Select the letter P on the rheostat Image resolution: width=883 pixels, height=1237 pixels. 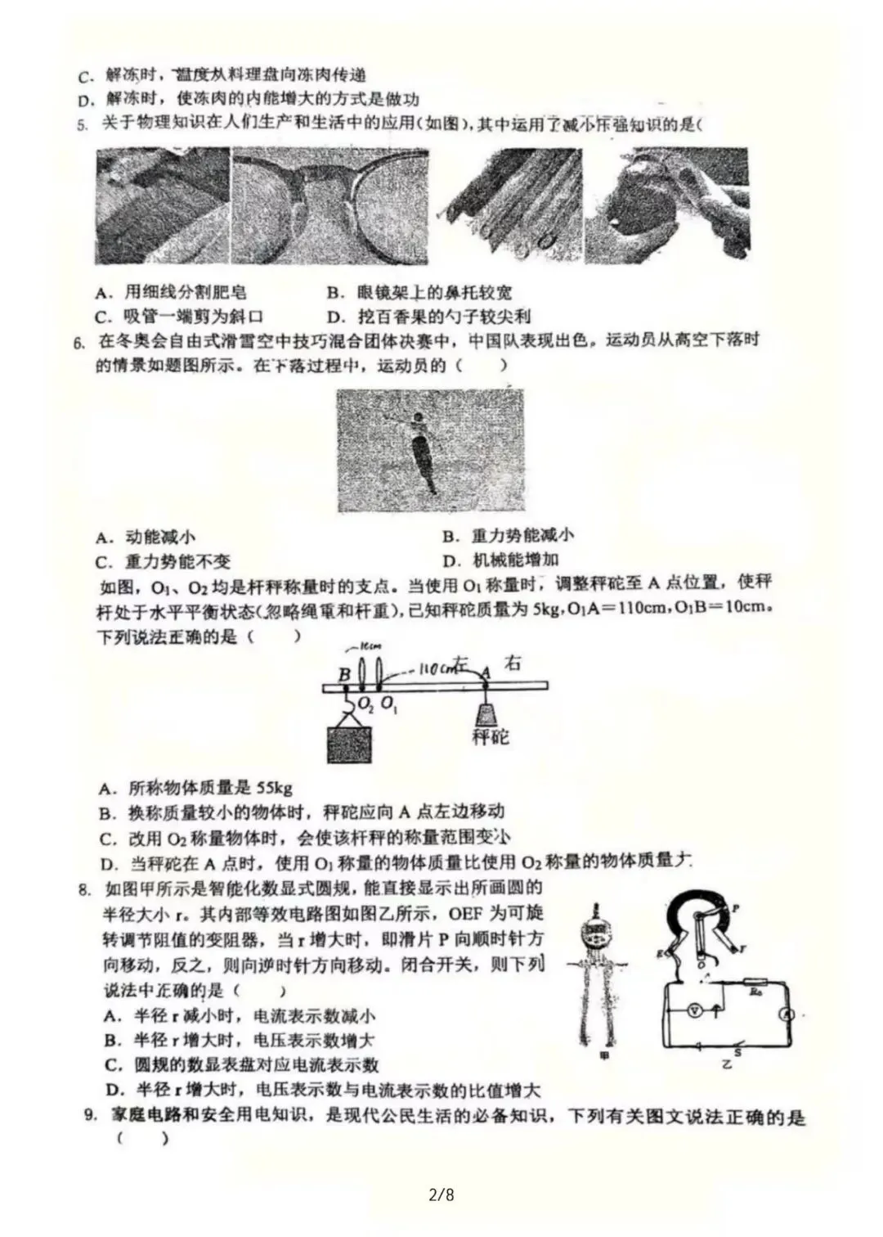click(736, 908)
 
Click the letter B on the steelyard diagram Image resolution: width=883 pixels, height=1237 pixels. click(344, 674)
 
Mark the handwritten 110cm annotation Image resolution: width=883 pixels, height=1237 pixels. click(439, 668)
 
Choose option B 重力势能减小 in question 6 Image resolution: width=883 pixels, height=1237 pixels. click(509, 536)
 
